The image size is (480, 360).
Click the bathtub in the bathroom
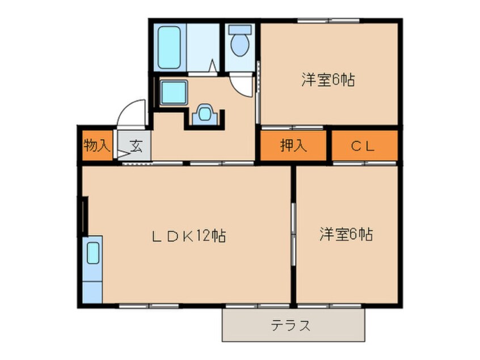[169, 47]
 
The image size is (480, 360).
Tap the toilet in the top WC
[240, 43]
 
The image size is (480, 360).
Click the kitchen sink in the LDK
[92, 254]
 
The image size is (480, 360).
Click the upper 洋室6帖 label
[328, 80]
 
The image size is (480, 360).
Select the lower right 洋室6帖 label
[346, 234]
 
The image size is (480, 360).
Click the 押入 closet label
[293, 146]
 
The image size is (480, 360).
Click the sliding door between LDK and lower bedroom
[293, 233]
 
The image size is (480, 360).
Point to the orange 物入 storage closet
[96, 150]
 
